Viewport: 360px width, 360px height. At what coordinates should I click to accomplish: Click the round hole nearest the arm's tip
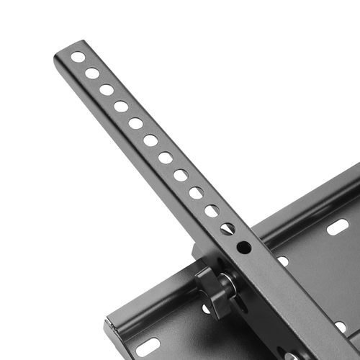point(78,57)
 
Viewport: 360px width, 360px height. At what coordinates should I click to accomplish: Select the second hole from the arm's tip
point(92,73)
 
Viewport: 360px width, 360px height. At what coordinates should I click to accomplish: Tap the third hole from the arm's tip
point(107,89)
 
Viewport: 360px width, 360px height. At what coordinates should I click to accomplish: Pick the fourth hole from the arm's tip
point(121,106)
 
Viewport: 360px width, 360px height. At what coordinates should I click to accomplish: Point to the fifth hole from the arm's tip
point(135,123)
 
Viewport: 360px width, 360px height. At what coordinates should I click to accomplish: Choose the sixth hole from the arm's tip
point(150,140)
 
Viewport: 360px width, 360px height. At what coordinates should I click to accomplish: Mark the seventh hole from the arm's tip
point(166,158)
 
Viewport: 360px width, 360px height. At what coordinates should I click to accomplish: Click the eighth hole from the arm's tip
point(181,175)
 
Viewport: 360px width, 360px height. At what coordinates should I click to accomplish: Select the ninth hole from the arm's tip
point(196,192)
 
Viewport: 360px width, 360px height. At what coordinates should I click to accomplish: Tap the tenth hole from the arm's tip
point(212,211)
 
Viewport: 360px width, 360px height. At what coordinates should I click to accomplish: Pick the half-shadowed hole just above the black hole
point(228,228)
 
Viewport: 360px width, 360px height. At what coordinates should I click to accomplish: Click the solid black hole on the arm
point(244,247)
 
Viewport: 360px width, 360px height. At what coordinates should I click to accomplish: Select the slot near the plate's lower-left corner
point(148,346)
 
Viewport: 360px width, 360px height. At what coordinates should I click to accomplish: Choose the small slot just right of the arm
point(282,261)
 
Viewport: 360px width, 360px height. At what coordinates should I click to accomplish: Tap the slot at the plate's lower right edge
point(340,325)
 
